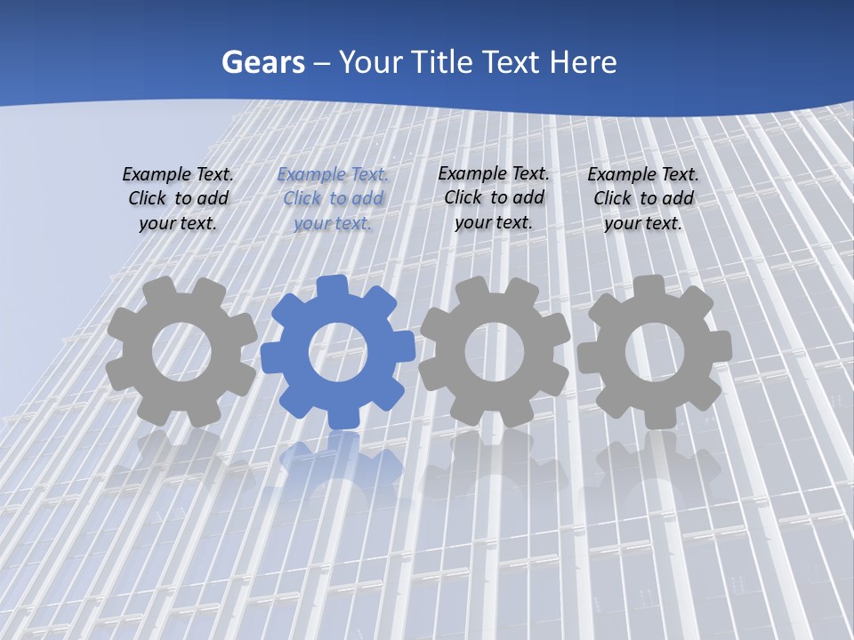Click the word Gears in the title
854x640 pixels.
point(263,62)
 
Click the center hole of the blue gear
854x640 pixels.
point(338,353)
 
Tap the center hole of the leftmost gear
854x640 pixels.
point(181,352)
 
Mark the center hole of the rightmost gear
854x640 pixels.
point(654,352)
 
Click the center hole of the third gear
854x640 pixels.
point(494,352)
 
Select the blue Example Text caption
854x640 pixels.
point(333,198)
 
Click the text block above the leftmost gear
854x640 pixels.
point(178,198)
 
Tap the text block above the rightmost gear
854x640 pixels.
point(643,198)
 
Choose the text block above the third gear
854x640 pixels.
point(494,197)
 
